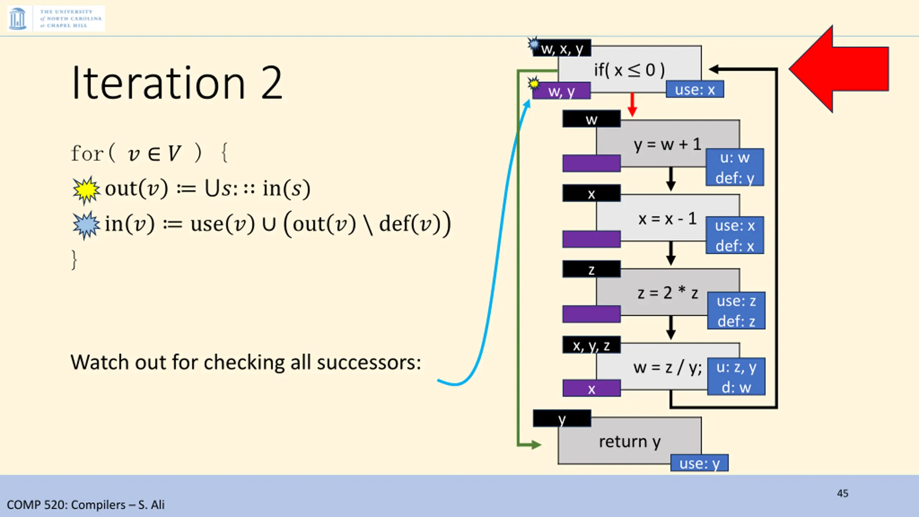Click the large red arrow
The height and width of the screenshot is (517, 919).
(840, 69)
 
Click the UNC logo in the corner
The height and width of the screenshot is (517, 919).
(56, 18)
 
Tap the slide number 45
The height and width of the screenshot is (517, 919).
(842, 493)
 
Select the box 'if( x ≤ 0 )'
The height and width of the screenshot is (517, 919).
(629, 70)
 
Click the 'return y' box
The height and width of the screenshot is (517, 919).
(629, 442)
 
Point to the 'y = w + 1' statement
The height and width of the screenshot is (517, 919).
(667, 144)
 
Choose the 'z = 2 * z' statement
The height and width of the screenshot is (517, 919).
(667, 293)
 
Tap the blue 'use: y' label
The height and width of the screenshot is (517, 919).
(699, 463)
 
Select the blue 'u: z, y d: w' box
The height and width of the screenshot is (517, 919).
(736, 377)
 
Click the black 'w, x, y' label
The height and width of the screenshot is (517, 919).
(562, 48)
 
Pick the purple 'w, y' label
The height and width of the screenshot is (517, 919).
(561, 91)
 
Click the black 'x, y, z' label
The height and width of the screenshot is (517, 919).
(591, 345)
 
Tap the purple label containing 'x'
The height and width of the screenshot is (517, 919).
(591, 388)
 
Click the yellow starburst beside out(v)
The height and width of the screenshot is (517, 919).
(86, 190)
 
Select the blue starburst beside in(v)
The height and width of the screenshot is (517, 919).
(86, 225)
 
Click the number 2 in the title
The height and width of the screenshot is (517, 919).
(272, 83)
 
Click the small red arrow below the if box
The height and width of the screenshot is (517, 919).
(632, 105)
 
